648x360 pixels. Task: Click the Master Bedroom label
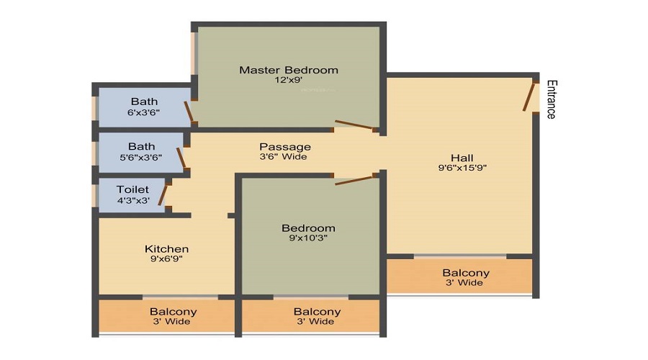tap(289, 70)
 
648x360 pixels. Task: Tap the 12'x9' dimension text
tap(289, 80)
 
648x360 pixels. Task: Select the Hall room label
tap(462, 158)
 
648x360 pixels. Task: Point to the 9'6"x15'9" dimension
tap(462, 168)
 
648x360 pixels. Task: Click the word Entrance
tap(552, 99)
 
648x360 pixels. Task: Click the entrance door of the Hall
tap(528, 96)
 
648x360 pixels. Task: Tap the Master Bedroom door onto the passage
tap(354, 125)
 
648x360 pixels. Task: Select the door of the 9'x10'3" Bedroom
tap(354, 179)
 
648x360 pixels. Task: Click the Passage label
tap(285, 147)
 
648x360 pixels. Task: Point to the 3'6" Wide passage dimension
tap(284, 157)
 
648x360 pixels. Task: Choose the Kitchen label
tap(166, 249)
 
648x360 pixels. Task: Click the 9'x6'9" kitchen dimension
tap(166, 259)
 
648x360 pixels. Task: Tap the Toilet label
tap(132, 189)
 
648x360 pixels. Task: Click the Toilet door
tap(163, 195)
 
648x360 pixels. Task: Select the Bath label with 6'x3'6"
tap(144, 102)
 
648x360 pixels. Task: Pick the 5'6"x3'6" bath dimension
tap(141, 158)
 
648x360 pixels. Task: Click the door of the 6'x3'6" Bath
tap(189, 112)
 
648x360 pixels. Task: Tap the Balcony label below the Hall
tap(466, 273)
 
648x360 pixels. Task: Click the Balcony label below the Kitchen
tap(173, 312)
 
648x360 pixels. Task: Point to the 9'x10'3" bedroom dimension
tap(308, 238)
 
